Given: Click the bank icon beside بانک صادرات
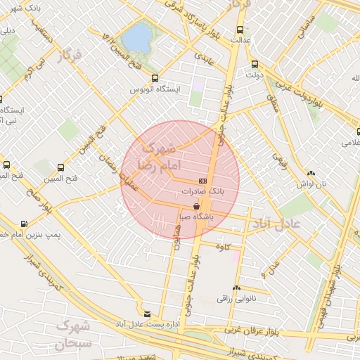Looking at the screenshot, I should [x=202, y=180].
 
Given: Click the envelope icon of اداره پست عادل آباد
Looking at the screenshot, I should [x=147, y=314].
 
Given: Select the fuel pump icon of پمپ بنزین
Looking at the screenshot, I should [x=25, y=223].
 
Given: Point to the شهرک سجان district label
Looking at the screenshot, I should [x=72, y=335].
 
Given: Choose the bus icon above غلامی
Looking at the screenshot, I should [x=356, y=131].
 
